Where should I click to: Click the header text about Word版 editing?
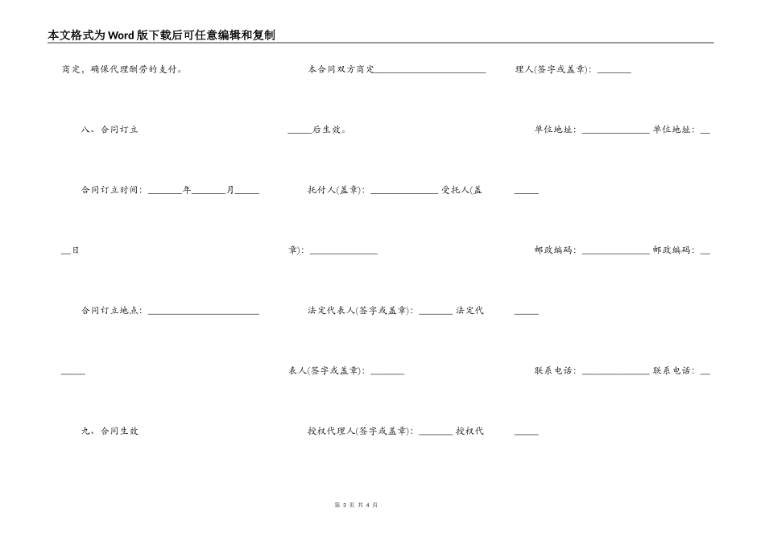tap(161, 35)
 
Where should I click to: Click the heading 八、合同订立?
tap(110, 130)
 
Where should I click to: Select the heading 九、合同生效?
tap(110, 432)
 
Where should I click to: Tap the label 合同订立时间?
tap(111, 190)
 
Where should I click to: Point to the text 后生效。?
tap(329, 130)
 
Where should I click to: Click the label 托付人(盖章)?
tap(336, 190)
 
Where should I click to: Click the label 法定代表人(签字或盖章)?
tap(360, 311)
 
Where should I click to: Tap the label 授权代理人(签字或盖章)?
tap(360, 432)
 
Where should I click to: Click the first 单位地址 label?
tap(555, 130)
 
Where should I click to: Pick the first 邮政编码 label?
tap(555, 250)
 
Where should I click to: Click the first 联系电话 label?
tap(555, 371)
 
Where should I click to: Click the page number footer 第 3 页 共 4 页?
tap(355, 505)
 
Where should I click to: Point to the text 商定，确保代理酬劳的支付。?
tap(122, 69)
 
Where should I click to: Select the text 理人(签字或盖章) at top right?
tap(554, 69)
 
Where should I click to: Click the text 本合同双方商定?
tap(341, 69)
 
